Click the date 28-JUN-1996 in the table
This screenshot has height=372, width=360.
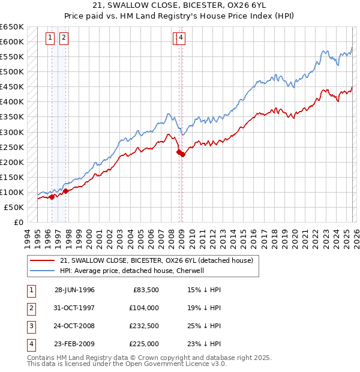pyautogui.click(x=74, y=290)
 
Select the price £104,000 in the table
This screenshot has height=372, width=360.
pyautogui.click(x=144, y=308)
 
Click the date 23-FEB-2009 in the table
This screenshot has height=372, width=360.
pyautogui.click(x=74, y=344)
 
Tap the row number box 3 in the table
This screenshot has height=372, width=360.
pyautogui.click(x=29, y=326)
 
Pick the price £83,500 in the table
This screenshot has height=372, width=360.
pyautogui.click(x=146, y=290)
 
